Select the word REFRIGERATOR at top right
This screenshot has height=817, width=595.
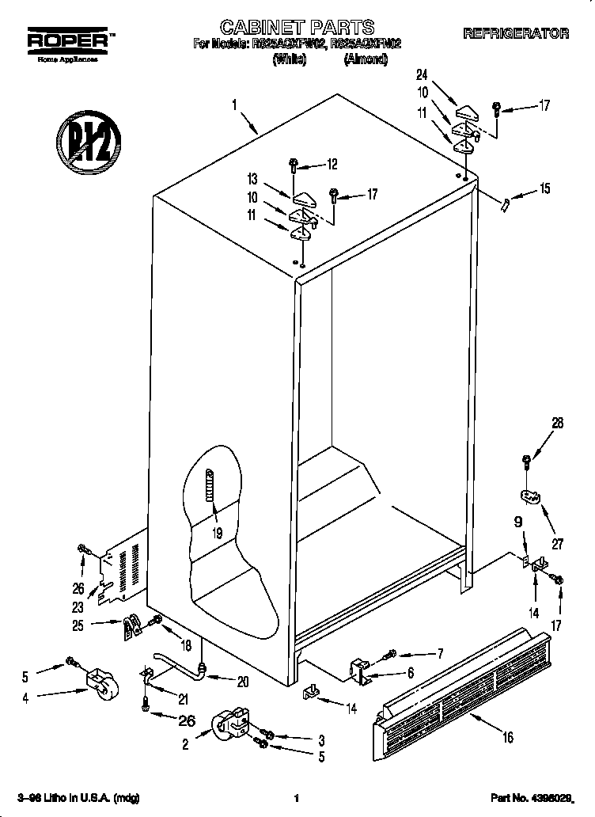[515, 33]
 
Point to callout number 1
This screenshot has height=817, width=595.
[234, 103]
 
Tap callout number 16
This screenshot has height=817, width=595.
[507, 738]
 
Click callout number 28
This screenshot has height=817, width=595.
[557, 424]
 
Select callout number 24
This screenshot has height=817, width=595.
[422, 75]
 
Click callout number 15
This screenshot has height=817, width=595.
[544, 189]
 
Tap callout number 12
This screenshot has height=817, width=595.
[331, 165]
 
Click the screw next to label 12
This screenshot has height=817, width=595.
[294, 165]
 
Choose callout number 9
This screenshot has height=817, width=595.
[519, 522]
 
